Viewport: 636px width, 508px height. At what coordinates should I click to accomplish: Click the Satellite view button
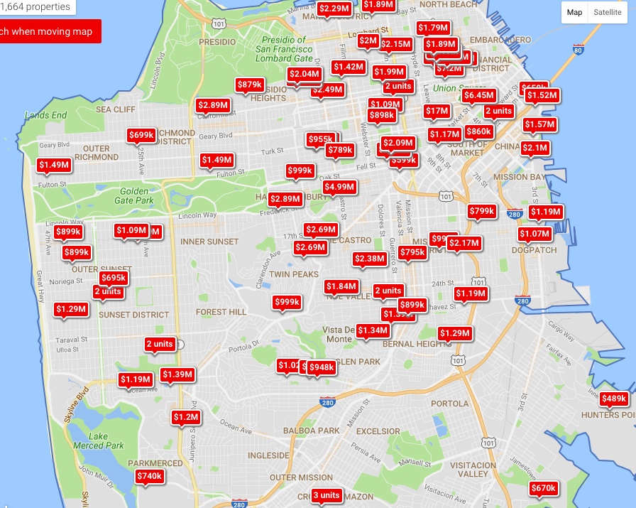[608, 12]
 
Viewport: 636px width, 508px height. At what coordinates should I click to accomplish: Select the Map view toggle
[574, 12]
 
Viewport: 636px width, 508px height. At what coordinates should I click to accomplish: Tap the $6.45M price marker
[478, 95]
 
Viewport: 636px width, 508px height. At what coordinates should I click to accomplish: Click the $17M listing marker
[437, 111]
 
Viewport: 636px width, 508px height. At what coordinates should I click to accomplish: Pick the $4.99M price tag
[339, 187]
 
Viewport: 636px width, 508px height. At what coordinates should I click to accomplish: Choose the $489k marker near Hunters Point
[614, 399]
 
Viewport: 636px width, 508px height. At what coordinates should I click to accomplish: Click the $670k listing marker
[544, 488]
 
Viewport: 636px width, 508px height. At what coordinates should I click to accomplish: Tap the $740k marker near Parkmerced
[149, 476]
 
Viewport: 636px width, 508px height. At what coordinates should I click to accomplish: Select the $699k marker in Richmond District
[142, 135]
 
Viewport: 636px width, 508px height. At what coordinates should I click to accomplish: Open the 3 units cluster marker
[327, 495]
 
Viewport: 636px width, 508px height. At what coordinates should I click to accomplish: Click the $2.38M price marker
[370, 259]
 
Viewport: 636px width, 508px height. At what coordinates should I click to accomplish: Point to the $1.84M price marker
[341, 286]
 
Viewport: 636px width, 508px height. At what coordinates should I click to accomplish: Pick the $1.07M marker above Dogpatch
[534, 234]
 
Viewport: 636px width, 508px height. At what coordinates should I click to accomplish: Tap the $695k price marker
[114, 278]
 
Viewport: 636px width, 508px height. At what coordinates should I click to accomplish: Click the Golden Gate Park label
[134, 195]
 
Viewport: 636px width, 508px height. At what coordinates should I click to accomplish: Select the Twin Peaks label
[294, 274]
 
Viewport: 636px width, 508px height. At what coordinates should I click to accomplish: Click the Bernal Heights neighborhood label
[414, 344]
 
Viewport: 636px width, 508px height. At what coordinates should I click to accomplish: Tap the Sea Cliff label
[116, 109]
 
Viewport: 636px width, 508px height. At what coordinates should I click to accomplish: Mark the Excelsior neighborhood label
[378, 431]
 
